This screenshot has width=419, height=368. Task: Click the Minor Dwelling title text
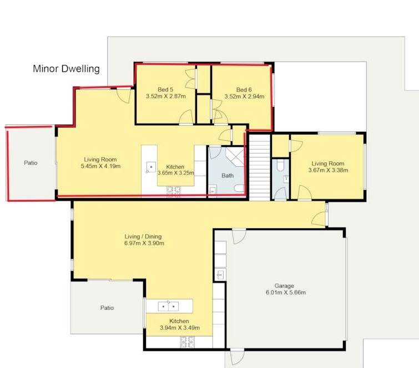(x=66, y=69)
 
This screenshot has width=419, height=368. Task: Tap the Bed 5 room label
(x=165, y=90)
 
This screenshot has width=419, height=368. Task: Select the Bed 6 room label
(x=244, y=90)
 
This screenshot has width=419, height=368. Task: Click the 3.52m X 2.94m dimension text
(x=244, y=96)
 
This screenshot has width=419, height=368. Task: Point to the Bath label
(x=228, y=176)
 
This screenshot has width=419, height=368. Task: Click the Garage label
(x=284, y=286)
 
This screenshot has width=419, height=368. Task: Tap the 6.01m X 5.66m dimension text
(x=286, y=293)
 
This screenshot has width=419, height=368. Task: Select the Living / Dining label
(x=143, y=237)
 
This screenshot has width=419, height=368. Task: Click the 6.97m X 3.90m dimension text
(x=144, y=243)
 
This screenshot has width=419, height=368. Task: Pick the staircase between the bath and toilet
(x=260, y=167)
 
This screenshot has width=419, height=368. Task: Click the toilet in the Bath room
(x=239, y=188)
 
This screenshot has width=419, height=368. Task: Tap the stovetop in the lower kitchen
(x=188, y=342)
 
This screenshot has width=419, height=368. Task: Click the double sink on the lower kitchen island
(x=169, y=306)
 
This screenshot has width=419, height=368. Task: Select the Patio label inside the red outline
(x=31, y=163)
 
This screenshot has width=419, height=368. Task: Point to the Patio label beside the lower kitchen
(x=107, y=308)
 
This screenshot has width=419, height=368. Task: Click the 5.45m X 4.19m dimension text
(x=100, y=166)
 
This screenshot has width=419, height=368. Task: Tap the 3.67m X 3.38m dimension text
(x=328, y=170)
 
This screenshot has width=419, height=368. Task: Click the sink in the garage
(x=220, y=274)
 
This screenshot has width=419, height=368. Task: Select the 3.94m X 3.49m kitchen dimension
(x=180, y=328)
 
